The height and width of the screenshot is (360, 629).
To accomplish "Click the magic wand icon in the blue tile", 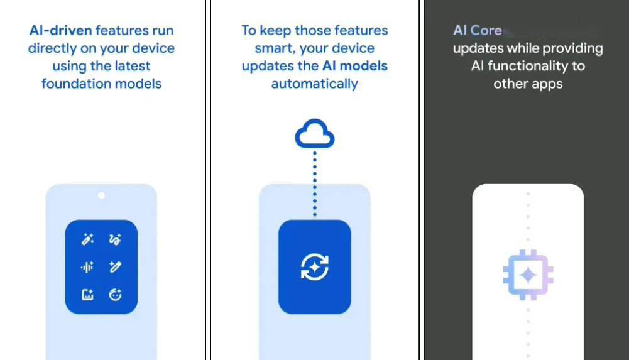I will click(x=87, y=239).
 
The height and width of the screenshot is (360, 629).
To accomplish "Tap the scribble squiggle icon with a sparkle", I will click(x=115, y=239).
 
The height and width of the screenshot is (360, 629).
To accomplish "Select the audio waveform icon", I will click(x=87, y=267).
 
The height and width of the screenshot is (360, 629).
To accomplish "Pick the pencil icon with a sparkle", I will click(x=115, y=267).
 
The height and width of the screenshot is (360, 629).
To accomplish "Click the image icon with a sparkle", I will click(x=87, y=294).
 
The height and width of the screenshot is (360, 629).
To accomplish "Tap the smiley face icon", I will click(x=115, y=294).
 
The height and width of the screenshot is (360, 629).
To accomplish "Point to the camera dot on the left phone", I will click(x=101, y=196).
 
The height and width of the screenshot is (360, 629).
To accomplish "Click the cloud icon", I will click(x=315, y=134).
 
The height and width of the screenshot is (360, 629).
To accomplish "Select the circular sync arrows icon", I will click(x=315, y=267).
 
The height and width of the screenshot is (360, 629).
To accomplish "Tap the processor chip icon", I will click(x=528, y=275).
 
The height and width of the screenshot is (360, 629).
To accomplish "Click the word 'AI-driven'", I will click(x=60, y=30).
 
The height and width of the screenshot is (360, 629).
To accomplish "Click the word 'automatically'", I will click(x=314, y=84).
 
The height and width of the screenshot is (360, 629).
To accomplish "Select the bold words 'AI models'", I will click(x=355, y=66).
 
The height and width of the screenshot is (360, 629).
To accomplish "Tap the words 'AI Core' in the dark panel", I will click(x=478, y=30).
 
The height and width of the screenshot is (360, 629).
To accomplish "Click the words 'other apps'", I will click(x=528, y=84).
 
